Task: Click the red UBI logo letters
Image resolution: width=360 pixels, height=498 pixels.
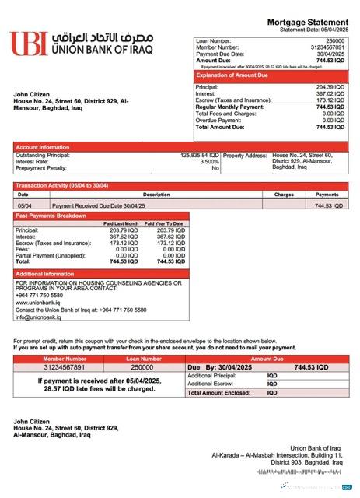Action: tap(29, 43)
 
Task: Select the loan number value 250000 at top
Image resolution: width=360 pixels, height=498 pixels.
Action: tap(334, 40)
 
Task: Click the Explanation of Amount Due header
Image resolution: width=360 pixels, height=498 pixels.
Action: tap(236, 77)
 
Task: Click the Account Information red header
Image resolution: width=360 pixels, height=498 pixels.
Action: tap(43, 146)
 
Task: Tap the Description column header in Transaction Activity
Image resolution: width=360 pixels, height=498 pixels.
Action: tap(156, 195)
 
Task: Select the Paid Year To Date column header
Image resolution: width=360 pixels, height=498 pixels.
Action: tap(165, 223)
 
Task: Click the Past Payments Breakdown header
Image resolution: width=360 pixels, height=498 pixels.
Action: tap(51, 215)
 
